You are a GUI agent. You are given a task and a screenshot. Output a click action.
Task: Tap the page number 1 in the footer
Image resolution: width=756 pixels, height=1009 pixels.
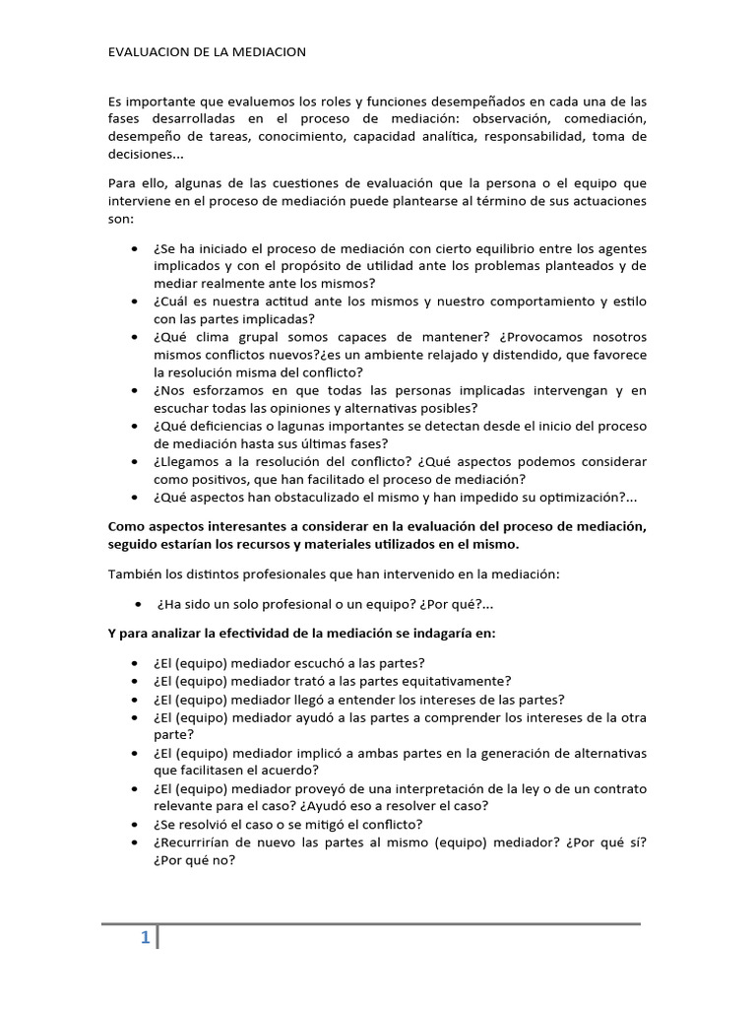pyautogui.click(x=145, y=939)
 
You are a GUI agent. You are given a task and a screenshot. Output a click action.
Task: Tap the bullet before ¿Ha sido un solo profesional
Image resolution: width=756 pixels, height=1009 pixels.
pyautogui.click(x=137, y=603)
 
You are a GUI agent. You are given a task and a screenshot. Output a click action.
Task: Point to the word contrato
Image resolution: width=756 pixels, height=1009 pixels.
pyautogui.click(x=619, y=788)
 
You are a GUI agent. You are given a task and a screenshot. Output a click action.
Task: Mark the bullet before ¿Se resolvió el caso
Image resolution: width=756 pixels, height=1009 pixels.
pyautogui.click(x=134, y=824)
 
